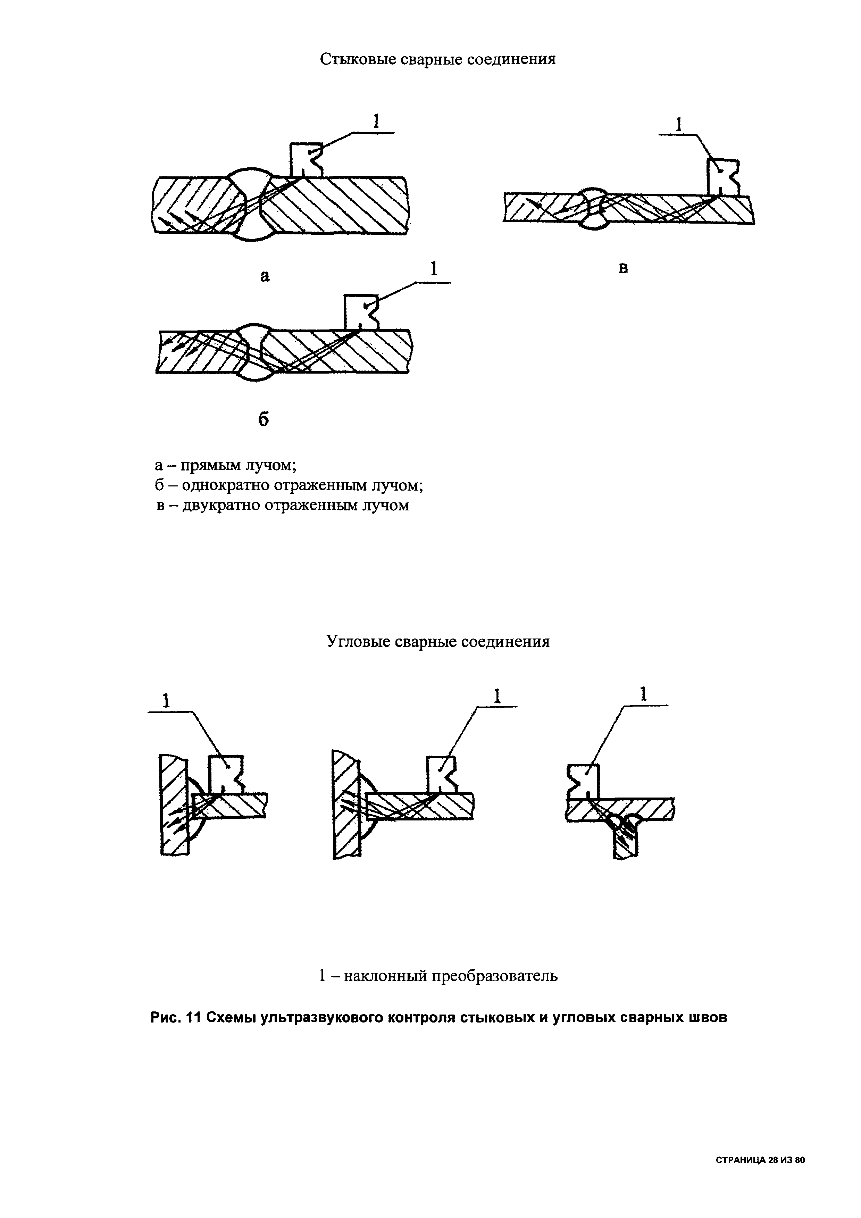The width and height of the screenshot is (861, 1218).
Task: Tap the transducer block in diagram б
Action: pyautogui.click(x=360, y=312)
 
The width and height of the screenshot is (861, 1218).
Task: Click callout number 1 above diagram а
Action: pyautogui.click(x=376, y=122)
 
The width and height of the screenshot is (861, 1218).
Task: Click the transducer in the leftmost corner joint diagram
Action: pyautogui.click(x=226, y=773)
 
